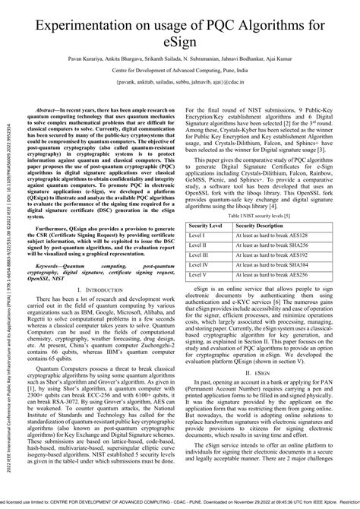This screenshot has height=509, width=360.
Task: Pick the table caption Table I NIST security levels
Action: pos(270,195)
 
